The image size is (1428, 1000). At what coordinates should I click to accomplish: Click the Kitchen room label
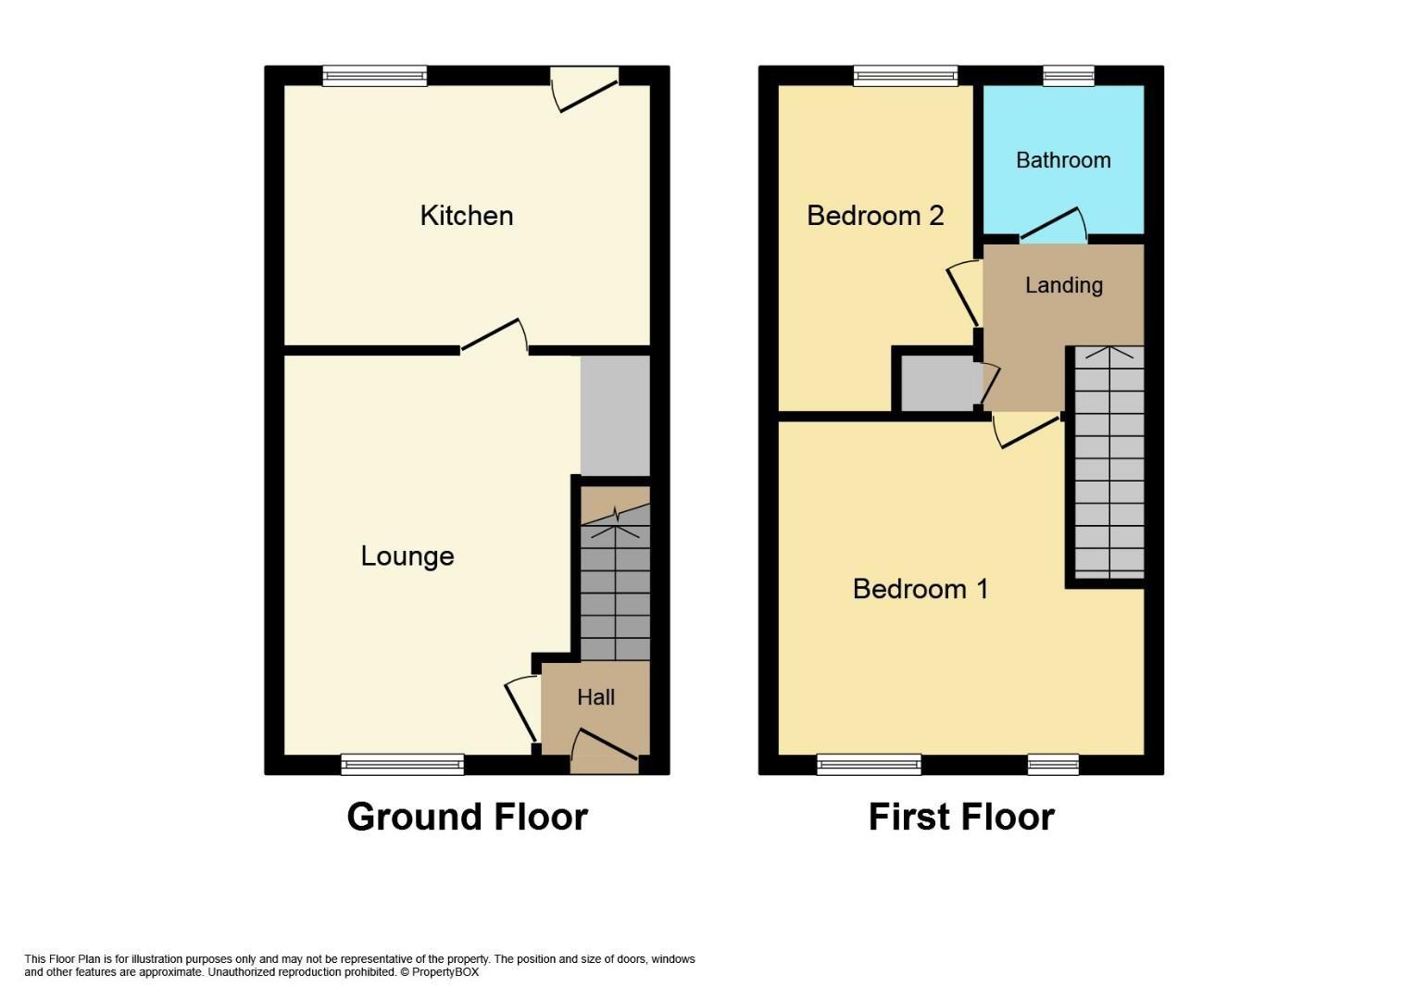[467, 216]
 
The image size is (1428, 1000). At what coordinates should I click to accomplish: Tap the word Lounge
[407, 556]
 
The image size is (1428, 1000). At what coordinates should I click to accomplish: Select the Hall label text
[596, 696]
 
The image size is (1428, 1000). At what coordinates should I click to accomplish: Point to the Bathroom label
[1063, 160]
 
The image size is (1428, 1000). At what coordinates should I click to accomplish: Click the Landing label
[1064, 285]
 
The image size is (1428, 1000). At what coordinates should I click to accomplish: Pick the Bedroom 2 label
[875, 216]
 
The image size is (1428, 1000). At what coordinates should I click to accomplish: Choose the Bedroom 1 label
[921, 589]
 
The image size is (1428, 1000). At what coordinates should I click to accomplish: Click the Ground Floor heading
[468, 817]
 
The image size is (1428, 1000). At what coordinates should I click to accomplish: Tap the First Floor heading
[961, 817]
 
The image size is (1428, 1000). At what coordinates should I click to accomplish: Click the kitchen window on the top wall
[375, 76]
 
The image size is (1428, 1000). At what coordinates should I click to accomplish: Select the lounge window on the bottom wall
[402, 764]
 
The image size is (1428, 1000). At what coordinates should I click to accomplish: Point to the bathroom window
[1069, 76]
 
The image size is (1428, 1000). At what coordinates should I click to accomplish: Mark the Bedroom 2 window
[906, 76]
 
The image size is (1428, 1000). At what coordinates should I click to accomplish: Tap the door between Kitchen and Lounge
[495, 334]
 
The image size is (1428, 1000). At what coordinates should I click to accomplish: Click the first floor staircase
[1109, 463]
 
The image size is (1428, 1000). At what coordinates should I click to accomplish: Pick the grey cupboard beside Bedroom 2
[941, 383]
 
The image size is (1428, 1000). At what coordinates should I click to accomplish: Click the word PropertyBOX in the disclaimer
[445, 972]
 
